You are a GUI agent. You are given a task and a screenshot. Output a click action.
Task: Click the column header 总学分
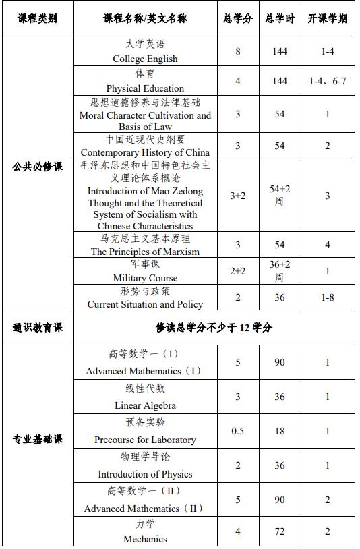(x=237, y=18)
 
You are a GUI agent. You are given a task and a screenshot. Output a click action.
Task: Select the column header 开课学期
(x=327, y=18)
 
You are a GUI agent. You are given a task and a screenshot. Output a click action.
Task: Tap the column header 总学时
(x=279, y=18)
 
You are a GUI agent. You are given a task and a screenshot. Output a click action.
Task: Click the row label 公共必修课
(x=37, y=167)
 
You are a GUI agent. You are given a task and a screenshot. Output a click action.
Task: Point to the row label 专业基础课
(x=37, y=439)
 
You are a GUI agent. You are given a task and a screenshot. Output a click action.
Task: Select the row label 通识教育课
(x=37, y=328)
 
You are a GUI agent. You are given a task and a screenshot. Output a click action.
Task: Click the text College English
(x=145, y=59)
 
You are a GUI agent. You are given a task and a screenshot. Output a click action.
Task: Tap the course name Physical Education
(x=145, y=88)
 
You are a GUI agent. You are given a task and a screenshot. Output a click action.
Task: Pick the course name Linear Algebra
(x=145, y=405)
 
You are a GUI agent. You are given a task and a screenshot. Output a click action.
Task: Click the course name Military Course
(x=145, y=278)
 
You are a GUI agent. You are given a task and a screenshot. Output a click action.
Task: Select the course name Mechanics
(x=145, y=539)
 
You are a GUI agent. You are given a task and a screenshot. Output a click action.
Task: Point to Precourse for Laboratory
(x=145, y=440)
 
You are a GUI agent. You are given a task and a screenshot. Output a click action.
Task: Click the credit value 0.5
(x=237, y=431)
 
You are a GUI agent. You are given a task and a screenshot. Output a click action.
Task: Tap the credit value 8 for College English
(x=237, y=51)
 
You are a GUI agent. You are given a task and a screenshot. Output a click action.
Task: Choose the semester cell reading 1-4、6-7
(x=327, y=81)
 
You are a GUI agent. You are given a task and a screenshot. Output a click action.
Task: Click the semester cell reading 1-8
(x=327, y=297)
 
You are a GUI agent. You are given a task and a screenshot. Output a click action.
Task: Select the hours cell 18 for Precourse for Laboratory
(x=279, y=431)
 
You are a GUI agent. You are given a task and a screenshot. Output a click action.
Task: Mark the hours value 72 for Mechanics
(x=279, y=531)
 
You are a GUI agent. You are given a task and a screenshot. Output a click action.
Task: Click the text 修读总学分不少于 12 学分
(x=214, y=328)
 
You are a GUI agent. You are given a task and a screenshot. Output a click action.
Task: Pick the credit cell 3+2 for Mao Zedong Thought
(x=237, y=196)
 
